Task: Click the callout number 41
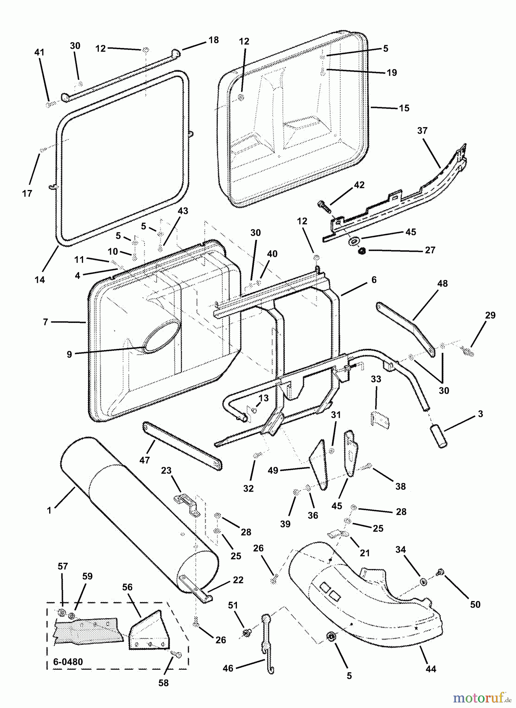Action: click(x=39, y=52)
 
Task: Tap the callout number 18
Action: click(x=213, y=40)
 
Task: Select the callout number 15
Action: click(x=404, y=108)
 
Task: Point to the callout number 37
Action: click(x=422, y=130)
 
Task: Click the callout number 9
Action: click(x=69, y=354)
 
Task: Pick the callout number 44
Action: click(x=431, y=669)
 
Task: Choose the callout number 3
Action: click(x=481, y=414)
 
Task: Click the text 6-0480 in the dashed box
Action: click(x=68, y=662)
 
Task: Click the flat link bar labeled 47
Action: click(x=183, y=446)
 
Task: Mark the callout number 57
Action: click(x=63, y=566)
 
